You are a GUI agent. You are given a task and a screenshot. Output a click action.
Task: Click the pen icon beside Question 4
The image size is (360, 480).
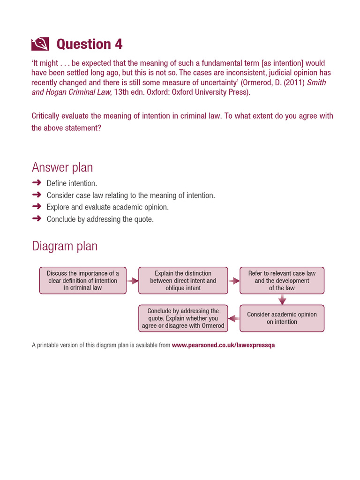pyautogui.click(x=40, y=44)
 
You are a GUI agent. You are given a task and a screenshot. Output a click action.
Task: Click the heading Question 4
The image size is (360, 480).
pyautogui.click(x=89, y=44)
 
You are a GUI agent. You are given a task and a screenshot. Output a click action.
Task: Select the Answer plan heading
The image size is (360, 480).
pyautogui.click(x=62, y=167)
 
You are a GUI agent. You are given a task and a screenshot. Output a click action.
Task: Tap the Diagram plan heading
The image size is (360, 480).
pyautogui.click(x=65, y=246)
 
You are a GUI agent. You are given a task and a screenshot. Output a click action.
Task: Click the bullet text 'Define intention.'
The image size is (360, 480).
pyautogui.click(x=72, y=183)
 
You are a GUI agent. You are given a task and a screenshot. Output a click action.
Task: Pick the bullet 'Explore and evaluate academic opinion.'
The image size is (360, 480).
pyautogui.click(x=107, y=207)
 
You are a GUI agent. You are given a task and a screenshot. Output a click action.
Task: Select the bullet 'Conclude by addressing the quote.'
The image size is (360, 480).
pyautogui.click(x=100, y=219)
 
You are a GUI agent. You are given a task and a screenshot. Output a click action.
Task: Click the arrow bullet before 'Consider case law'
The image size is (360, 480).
pyautogui.click(x=37, y=195)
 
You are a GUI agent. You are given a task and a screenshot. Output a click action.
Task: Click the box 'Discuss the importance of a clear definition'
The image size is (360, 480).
pyautogui.click(x=83, y=280)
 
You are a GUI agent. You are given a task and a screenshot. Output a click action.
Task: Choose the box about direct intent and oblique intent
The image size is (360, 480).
pyautogui.click(x=183, y=280)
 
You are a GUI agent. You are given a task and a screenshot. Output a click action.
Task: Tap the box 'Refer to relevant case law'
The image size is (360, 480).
pyautogui.click(x=282, y=280)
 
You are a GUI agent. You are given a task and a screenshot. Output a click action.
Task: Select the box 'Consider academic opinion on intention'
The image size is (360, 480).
pyautogui.click(x=282, y=318)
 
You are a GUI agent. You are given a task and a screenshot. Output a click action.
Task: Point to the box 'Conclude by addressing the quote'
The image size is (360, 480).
pyautogui.click(x=183, y=318)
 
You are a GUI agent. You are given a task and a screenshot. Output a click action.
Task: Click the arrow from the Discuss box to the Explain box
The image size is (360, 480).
pyautogui.click(x=133, y=281)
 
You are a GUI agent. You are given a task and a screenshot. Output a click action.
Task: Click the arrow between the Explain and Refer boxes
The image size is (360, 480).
pyautogui.click(x=234, y=281)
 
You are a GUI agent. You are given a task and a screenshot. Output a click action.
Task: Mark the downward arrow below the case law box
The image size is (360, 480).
pyautogui.click(x=282, y=300)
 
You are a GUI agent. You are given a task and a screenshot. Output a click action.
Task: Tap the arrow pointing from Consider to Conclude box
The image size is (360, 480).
pyautogui.click(x=234, y=318)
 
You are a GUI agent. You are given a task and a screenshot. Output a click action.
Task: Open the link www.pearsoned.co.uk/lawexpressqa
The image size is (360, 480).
pyautogui.click(x=223, y=345)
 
